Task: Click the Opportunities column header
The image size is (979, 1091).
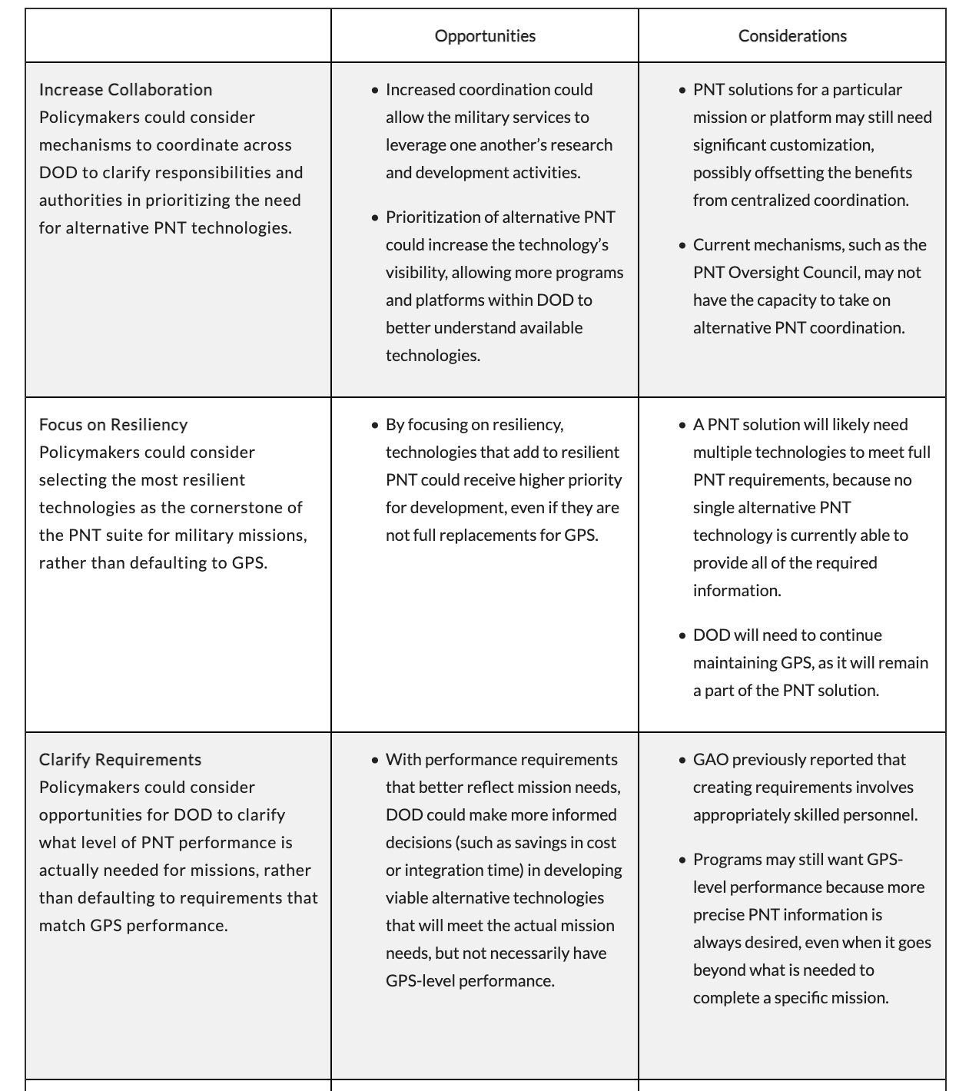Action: (x=485, y=36)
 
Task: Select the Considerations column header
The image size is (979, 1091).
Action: (x=792, y=36)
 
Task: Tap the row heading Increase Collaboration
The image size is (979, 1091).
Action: (x=125, y=90)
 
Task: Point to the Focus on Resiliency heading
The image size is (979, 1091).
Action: (x=113, y=425)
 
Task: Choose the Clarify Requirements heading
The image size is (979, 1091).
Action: (x=120, y=760)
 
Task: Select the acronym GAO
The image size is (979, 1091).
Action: (x=710, y=760)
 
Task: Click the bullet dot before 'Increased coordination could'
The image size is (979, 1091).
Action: (x=375, y=91)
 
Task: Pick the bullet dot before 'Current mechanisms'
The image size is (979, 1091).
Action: (x=682, y=246)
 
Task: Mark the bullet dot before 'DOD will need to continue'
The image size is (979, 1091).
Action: (x=682, y=636)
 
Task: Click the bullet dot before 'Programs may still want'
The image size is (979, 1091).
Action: (x=682, y=861)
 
